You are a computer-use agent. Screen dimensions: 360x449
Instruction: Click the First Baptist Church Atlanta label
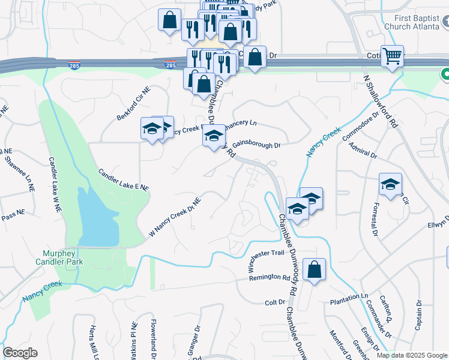[411, 23]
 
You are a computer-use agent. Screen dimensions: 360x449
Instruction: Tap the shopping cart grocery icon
[392, 56]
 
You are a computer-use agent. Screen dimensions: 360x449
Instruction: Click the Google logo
[20, 353]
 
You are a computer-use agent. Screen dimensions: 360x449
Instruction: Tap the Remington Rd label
[270, 278]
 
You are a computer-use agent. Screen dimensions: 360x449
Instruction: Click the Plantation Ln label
[349, 297]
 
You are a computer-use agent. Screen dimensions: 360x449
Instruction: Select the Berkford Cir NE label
[133, 103]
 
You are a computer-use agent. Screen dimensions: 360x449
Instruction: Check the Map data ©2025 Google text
[412, 355]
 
